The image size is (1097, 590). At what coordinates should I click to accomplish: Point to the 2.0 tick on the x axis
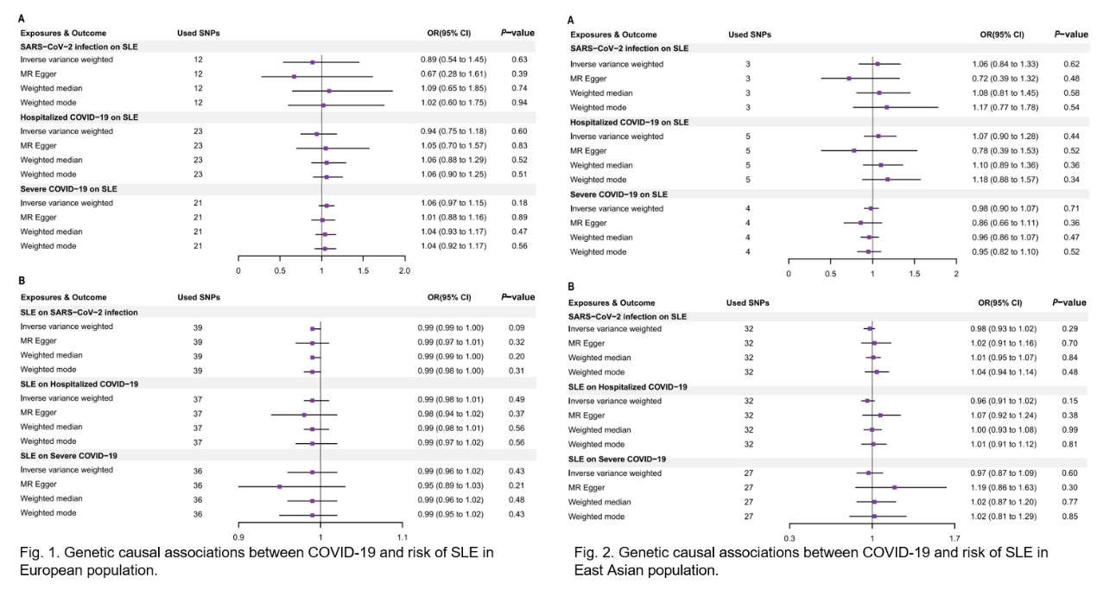403,270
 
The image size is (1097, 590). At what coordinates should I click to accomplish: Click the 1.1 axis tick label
403,537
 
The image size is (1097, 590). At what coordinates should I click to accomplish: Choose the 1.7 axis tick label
954,537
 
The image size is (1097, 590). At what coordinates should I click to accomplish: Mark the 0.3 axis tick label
789,537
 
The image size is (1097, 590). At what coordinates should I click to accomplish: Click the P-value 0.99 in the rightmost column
1070,430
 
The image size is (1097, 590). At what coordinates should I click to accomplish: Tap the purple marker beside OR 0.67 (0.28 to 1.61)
294,76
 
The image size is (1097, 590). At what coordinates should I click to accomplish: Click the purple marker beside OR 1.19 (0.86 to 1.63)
894,487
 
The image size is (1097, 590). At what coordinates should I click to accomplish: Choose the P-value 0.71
1072,208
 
